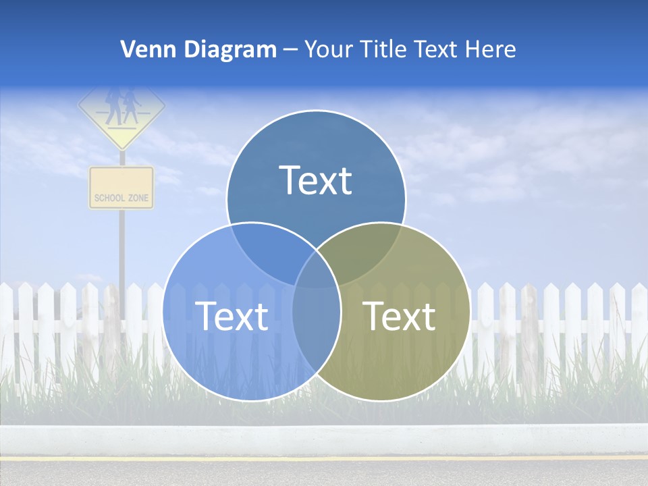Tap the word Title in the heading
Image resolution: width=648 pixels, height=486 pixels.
tap(381, 49)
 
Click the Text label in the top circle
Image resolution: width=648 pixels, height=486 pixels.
tap(315, 180)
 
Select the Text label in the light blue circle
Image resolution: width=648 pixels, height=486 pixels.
tap(231, 316)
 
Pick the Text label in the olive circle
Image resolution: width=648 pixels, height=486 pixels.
tap(399, 316)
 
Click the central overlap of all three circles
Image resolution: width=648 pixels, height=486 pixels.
tap(316, 270)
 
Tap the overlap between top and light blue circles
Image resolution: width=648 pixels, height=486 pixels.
tap(267, 250)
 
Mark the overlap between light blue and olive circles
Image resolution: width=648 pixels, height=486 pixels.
tap(316, 324)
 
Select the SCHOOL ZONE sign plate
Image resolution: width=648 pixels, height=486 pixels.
tap(122, 188)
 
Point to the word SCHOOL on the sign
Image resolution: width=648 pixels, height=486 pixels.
tap(109, 198)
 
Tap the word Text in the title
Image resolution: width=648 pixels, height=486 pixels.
tap(435, 49)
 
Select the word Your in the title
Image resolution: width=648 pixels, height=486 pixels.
tap(325, 49)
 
